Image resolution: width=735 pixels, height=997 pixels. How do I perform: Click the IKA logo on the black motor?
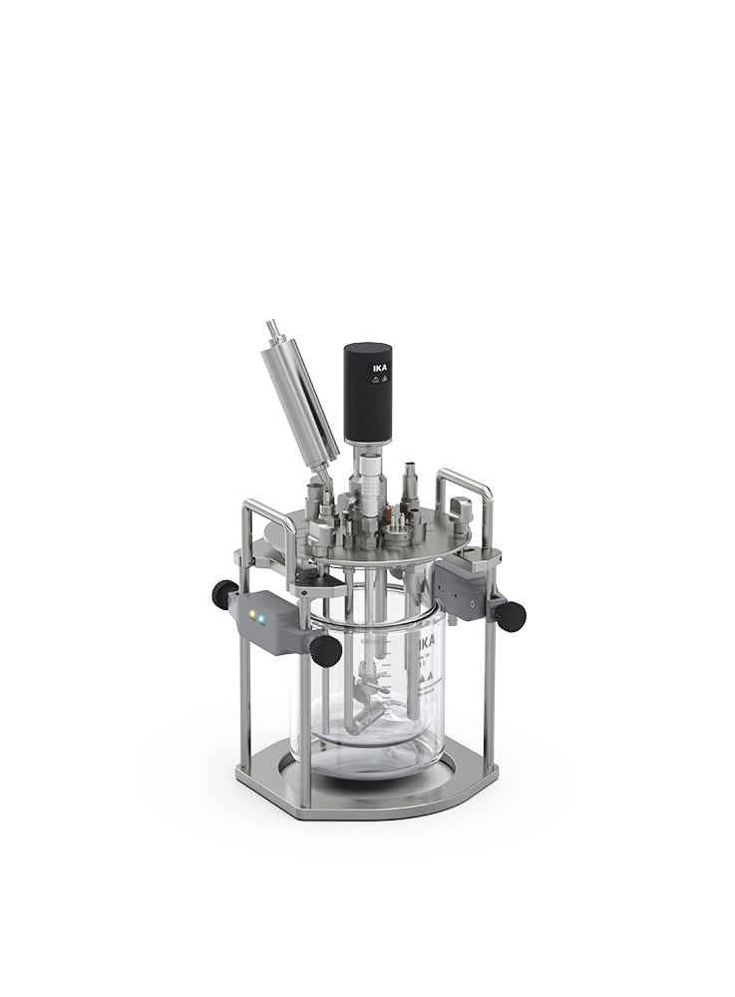[380, 368]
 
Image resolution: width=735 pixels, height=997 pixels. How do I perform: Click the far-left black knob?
[224, 595]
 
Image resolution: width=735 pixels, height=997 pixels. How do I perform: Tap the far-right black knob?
[511, 616]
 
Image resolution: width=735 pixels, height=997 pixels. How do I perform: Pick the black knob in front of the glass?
[325, 650]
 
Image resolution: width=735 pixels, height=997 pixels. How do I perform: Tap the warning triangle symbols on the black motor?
[379, 385]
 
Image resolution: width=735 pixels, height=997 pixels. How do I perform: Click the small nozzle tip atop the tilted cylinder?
[271, 328]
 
